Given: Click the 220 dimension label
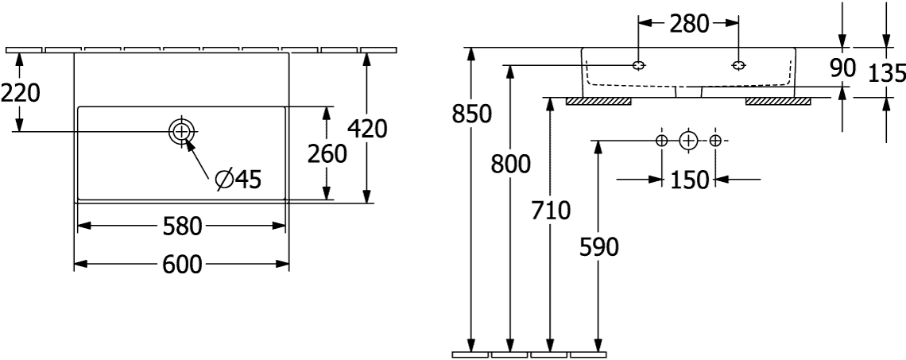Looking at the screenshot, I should (20, 94).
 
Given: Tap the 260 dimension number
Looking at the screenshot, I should (327, 153).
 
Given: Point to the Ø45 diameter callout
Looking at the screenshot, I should (238, 180).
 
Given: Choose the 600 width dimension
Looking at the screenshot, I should (181, 265).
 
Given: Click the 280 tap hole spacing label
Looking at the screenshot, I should (689, 24).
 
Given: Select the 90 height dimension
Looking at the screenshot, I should (842, 68).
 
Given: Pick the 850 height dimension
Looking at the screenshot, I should (472, 114).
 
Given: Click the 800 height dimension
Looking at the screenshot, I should (510, 164).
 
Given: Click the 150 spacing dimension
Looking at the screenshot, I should (689, 180).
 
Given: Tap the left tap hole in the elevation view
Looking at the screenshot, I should (639, 64).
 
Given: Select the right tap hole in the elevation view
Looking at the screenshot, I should (738, 64).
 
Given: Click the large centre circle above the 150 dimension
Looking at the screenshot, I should (688, 141).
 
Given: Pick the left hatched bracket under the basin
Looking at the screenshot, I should (598, 101).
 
